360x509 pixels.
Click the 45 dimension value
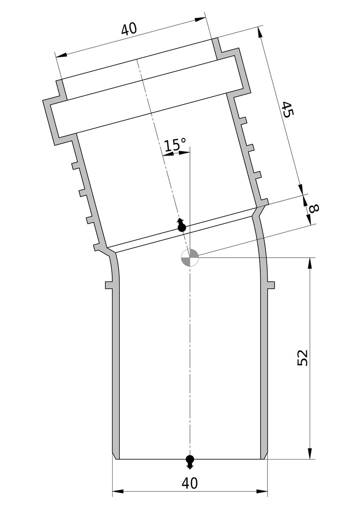pyautogui.click(x=288, y=109)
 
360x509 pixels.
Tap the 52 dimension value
pyautogui.click(x=302, y=358)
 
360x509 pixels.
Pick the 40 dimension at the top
pyautogui.click(x=129, y=29)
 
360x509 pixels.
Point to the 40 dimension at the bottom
pyautogui.click(x=189, y=484)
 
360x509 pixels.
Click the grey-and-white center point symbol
pyautogui.click(x=189, y=258)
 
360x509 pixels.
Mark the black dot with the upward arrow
pyautogui.click(x=181, y=226)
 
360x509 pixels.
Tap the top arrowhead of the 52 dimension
pyautogui.click(x=311, y=263)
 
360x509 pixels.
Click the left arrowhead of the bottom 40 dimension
pyautogui.click(x=118, y=492)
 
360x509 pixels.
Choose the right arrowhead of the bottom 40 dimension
pyautogui.click(x=262, y=492)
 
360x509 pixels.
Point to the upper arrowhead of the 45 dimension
pyautogui.click(x=260, y=33)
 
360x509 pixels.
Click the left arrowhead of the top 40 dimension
pyautogui.click(x=62, y=55)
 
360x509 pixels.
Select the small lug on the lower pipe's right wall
pyautogui.click(x=271, y=285)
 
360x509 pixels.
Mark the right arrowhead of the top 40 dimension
pyautogui.click(x=200, y=19)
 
